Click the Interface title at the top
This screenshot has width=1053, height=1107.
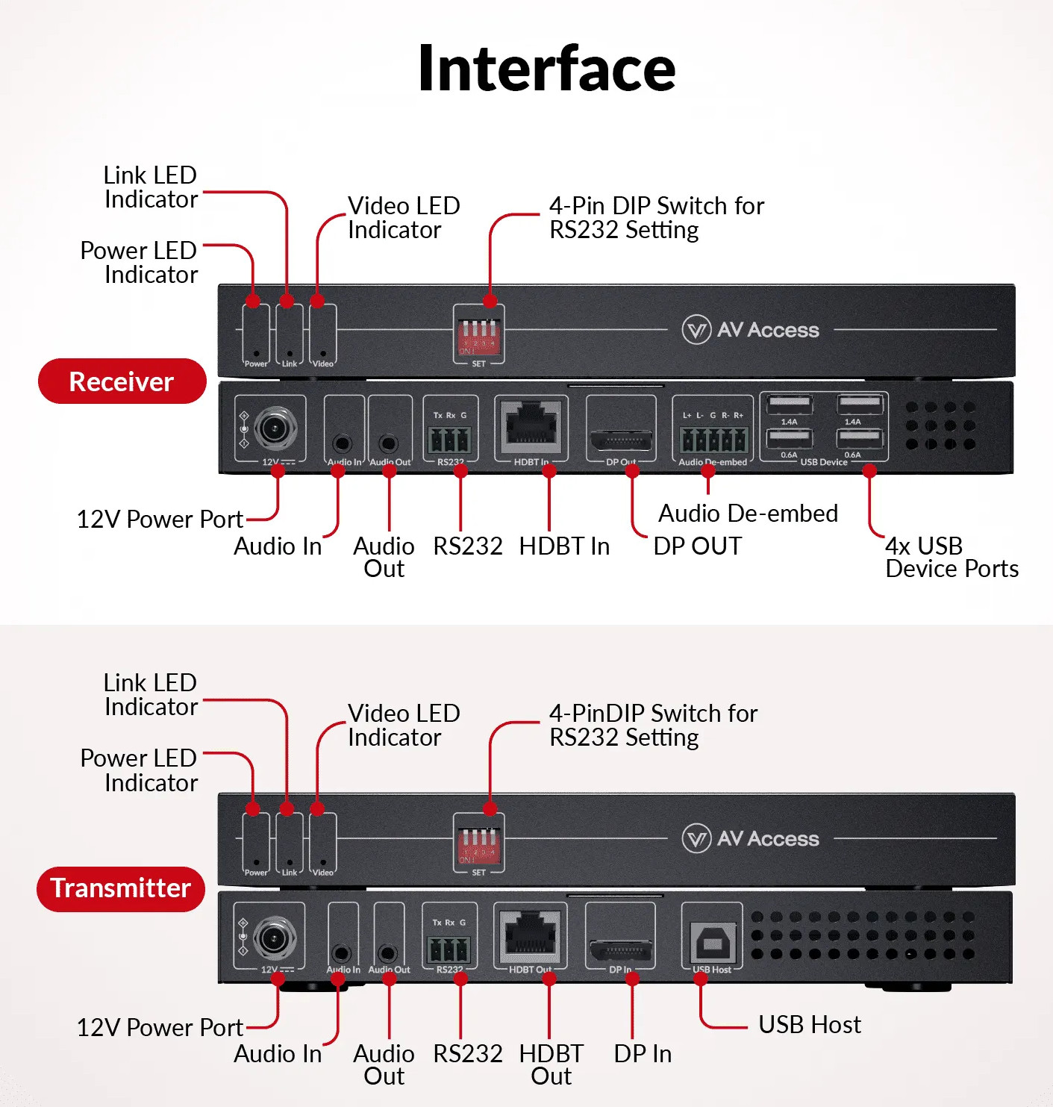pos(547,69)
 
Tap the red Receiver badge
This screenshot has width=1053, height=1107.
pos(122,381)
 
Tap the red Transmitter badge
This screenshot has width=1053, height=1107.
pos(121,888)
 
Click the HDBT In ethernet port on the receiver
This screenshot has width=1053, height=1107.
pos(531,426)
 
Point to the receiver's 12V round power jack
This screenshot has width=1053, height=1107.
pos(275,428)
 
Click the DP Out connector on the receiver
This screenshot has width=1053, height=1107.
pos(621,439)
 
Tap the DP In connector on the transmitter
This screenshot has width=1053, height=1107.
pos(620,950)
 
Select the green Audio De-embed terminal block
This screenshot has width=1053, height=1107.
pos(713,439)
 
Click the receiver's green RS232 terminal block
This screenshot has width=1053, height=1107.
pos(450,439)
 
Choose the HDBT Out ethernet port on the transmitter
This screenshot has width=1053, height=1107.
pos(531,936)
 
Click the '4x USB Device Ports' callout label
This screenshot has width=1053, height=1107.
pos(951,557)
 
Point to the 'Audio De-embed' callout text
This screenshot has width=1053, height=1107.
pos(748,514)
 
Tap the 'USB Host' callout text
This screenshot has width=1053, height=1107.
pos(809,1024)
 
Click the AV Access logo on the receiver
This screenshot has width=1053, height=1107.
pos(751,329)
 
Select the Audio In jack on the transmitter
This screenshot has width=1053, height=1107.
pos(341,952)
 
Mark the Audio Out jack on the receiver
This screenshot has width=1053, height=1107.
pos(388,443)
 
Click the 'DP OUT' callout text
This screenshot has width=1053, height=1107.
pos(697,546)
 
